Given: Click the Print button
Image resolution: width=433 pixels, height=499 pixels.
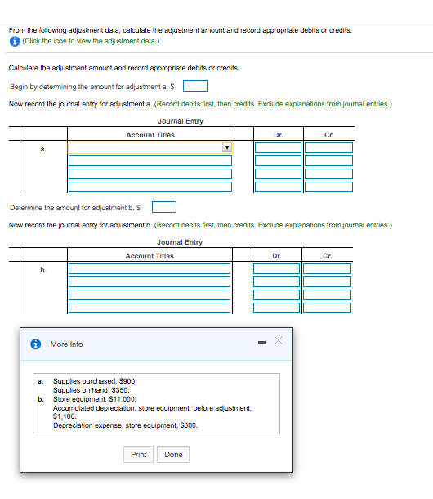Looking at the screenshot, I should coord(139,454).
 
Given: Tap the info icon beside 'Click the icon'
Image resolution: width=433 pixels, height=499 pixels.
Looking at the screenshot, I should coord(15,40).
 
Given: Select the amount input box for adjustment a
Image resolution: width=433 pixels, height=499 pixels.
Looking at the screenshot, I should coord(194,86).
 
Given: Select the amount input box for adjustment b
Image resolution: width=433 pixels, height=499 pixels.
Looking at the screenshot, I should coord(164,207).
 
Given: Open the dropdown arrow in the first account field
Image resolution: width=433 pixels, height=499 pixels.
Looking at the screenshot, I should coord(226,148).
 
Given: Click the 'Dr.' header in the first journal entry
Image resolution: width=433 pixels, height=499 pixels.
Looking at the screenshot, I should coord(279,134).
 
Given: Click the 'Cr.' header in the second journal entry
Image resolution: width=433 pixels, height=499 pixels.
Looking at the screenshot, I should coord(327,255).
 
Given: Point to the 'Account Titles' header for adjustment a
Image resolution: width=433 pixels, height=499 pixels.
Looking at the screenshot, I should coord(150,134).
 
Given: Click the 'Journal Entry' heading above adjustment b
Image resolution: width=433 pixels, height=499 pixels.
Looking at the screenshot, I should coord(180,242).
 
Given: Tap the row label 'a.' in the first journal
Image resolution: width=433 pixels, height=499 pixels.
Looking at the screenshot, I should coord(42,148).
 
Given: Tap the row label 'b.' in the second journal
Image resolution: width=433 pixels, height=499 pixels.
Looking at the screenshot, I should coord(42,268).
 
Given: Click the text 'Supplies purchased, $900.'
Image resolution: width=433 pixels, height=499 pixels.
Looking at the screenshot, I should coord(89,381).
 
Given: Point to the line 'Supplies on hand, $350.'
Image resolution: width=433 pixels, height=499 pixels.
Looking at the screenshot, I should coord(86,390).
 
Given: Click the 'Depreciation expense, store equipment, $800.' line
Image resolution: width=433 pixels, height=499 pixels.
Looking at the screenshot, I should coord(125,425).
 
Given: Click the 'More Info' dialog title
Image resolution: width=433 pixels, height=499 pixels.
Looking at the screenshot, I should coord(66,344).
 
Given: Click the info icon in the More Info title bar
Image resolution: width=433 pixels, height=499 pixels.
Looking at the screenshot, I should coord(36,344).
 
